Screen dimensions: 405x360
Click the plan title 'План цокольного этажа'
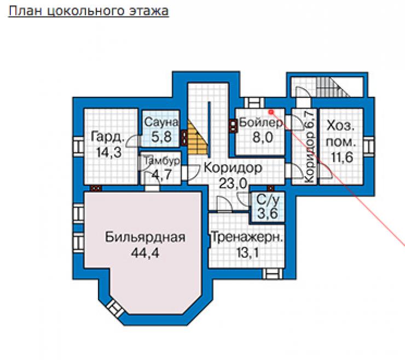pos(89,11)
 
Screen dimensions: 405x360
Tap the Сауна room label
pos(161,122)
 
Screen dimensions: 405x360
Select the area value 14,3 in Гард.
pos(108,152)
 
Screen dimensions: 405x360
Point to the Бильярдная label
pos(145,237)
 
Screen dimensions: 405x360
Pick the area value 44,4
pos(145,253)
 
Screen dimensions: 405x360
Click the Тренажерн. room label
pos(247,237)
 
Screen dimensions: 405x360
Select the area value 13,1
pos(247,252)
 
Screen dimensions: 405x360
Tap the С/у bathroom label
pos(268,200)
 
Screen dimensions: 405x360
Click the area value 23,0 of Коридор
pos(233,184)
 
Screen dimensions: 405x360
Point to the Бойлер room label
pos(261,123)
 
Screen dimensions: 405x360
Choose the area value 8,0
pos(263,137)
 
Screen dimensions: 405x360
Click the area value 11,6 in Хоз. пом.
pos(342,157)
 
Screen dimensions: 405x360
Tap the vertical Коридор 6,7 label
pos(309,147)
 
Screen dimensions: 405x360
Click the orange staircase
pos(198,138)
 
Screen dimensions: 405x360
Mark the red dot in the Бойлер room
pos(271,112)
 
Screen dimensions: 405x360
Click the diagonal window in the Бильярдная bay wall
pos(115,309)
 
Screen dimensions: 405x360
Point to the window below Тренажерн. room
pos(273,274)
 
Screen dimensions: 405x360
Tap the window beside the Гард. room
pos(78,147)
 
